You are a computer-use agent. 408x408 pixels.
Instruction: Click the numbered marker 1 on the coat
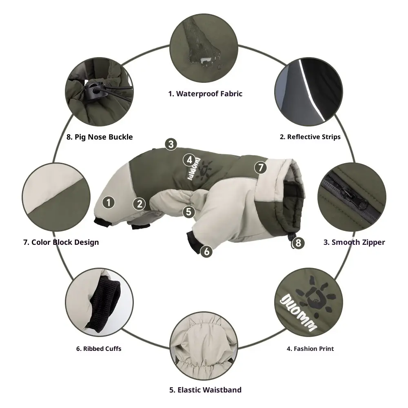(x=109, y=202)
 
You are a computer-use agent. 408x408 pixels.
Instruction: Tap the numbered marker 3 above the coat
(x=171, y=144)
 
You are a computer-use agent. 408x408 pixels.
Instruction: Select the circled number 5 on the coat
(x=189, y=212)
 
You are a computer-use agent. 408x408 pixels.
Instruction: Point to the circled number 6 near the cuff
(x=206, y=251)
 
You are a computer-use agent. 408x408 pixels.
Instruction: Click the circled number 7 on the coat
(x=261, y=168)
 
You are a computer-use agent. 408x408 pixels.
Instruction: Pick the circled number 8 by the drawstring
(x=298, y=243)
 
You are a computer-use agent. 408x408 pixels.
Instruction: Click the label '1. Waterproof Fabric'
(x=205, y=94)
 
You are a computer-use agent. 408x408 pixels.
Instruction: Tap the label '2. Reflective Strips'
(x=310, y=137)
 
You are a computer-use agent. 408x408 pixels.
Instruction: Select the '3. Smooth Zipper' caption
(x=354, y=242)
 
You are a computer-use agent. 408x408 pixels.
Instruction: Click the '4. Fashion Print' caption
(x=310, y=349)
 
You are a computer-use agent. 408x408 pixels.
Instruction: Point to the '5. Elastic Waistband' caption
(x=205, y=390)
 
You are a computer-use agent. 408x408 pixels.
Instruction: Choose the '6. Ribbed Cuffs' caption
(x=99, y=349)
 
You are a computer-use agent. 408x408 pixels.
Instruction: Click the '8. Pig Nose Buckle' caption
(x=100, y=137)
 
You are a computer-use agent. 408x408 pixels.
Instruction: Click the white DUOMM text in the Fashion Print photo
(x=299, y=313)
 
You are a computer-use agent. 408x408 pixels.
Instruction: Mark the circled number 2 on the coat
(x=140, y=204)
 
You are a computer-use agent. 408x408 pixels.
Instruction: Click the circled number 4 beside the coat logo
(x=189, y=160)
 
